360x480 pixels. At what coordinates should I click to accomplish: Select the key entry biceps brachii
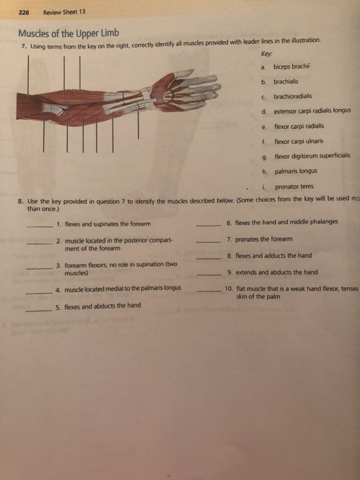click(292, 66)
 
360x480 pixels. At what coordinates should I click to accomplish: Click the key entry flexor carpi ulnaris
click(299, 142)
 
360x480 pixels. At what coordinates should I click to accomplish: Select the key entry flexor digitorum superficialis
click(312, 156)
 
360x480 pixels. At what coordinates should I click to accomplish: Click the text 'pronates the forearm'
click(264, 239)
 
